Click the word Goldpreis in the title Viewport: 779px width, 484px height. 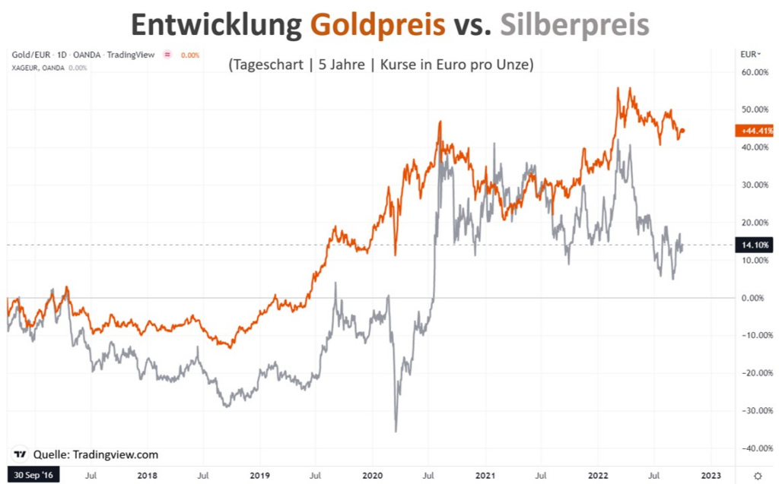[377, 25]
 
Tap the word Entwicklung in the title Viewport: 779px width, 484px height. [216, 25]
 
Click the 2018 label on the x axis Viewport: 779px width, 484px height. [147, 475]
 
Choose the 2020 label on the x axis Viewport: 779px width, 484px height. [372, 475]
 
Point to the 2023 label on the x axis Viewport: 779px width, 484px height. [711, 475]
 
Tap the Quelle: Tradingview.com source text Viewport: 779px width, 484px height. [96, 454]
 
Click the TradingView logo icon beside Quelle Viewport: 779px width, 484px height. [21, 454]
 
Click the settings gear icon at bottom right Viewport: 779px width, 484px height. [757, 475]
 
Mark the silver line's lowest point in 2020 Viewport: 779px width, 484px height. [396, 432]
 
